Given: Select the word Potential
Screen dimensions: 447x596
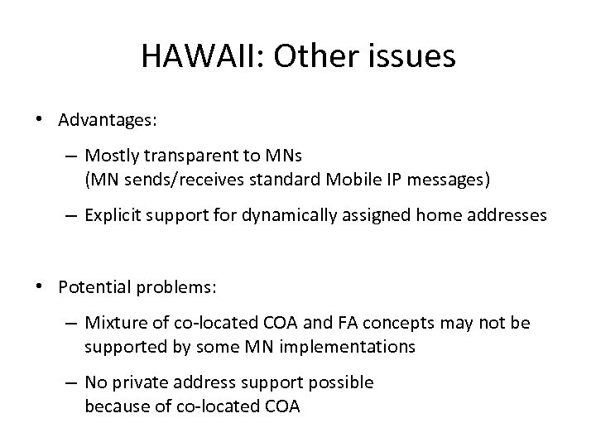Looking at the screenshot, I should coord(91,286).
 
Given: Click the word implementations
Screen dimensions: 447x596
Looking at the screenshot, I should coord(348,346).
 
